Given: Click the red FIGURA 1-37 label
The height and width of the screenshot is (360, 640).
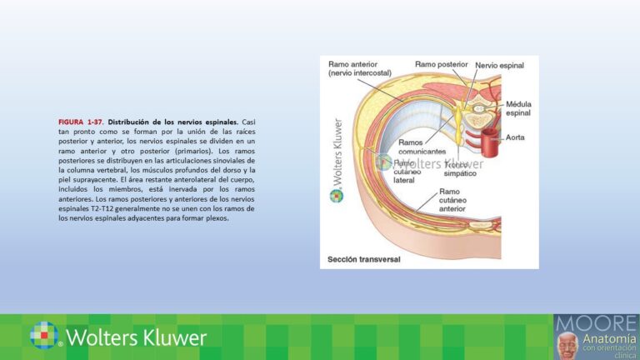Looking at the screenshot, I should pos(82,122).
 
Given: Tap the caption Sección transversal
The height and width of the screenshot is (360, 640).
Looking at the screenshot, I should pos(364,258).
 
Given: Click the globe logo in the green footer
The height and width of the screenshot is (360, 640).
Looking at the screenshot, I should pos(45,336).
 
